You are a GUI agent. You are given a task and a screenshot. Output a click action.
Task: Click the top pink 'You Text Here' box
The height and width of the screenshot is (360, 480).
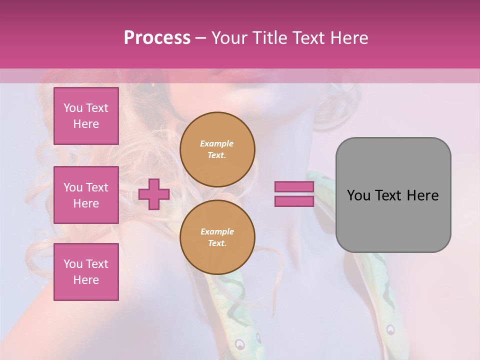coord(86,116)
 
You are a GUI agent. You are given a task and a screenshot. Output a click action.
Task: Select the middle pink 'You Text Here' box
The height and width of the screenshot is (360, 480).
coord(86,195)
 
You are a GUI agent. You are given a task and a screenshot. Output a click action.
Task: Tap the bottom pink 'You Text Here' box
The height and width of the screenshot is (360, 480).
coord(86,272)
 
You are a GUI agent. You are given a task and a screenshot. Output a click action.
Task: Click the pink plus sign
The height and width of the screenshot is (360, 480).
coord(153,194)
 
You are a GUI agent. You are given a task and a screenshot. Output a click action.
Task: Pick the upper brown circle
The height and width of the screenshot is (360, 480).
coord(217,149)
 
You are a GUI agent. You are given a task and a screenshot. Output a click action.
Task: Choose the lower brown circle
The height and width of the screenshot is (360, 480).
coord(217,237)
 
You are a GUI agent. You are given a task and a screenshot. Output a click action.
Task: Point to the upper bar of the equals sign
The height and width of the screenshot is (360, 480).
coord(294,187)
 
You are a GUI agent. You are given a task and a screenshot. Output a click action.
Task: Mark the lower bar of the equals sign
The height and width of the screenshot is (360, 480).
coord(294,201)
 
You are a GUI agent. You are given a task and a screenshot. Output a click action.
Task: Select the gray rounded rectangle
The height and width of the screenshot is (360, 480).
coord(393,195)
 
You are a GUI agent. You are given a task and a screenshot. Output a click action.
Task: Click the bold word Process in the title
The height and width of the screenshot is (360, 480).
coord(157,38)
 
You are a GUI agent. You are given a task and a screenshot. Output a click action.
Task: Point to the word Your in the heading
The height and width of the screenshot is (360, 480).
coord(230,38)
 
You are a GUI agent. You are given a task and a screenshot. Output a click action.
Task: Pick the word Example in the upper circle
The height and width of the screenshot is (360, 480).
coord(216,143)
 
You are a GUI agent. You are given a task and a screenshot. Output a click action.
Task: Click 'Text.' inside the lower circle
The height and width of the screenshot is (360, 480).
coord(217,243)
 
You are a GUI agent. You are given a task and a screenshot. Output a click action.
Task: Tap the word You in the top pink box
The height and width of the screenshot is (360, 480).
coord(73,108)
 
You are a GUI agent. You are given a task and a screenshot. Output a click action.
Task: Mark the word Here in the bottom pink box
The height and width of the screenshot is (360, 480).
coord(86,280)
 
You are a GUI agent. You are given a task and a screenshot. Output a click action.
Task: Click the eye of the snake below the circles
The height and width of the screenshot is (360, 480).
coord(240,344)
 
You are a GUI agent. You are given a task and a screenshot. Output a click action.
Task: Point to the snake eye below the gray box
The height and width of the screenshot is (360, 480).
coord(390,329)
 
